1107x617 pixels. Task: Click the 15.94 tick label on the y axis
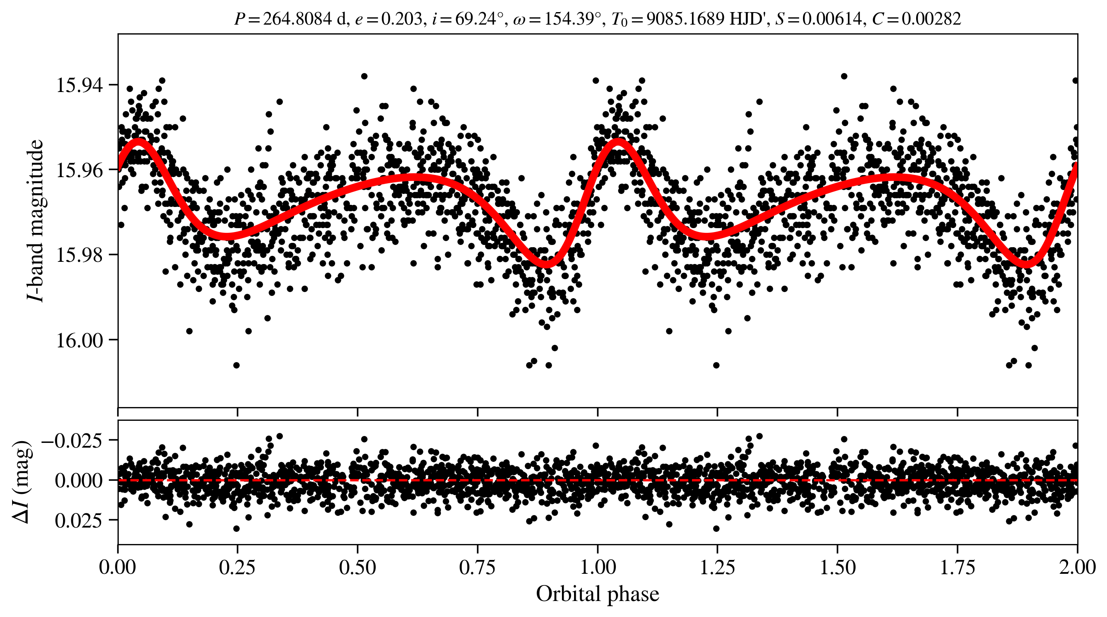tap(80, 85)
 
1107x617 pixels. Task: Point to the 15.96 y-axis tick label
tap(80, 170)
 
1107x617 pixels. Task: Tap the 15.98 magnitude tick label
tap(80, 255)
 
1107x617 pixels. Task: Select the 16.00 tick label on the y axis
tap(80, 340)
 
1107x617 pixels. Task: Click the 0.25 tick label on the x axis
tap(237, 567)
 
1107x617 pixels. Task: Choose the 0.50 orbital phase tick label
tap(357, 567)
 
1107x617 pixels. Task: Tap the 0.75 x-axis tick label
tap(477, 567)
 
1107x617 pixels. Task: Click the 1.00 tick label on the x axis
tap(597, 567)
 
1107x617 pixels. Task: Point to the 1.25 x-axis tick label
tap(717, 567)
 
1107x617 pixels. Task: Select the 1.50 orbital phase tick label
tap(837, 567)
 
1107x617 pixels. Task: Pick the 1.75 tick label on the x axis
tap(958, 567)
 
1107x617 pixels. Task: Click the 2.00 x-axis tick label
tap(1077, 567)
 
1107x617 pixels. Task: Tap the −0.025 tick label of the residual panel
tap(72, 440)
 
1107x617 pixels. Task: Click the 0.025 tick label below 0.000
tap(79, 520)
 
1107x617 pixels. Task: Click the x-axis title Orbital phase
tap(597, 594)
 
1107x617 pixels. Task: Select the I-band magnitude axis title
tap(35, 220)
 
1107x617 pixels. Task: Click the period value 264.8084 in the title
tap(297, 19)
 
